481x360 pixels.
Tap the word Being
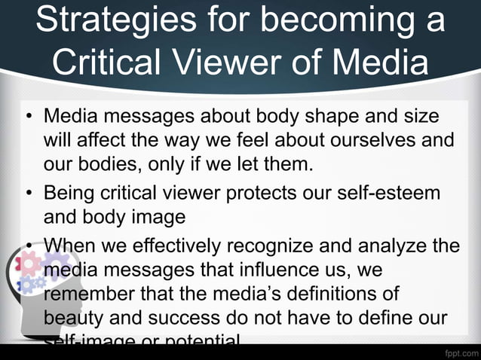(70, 193)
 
